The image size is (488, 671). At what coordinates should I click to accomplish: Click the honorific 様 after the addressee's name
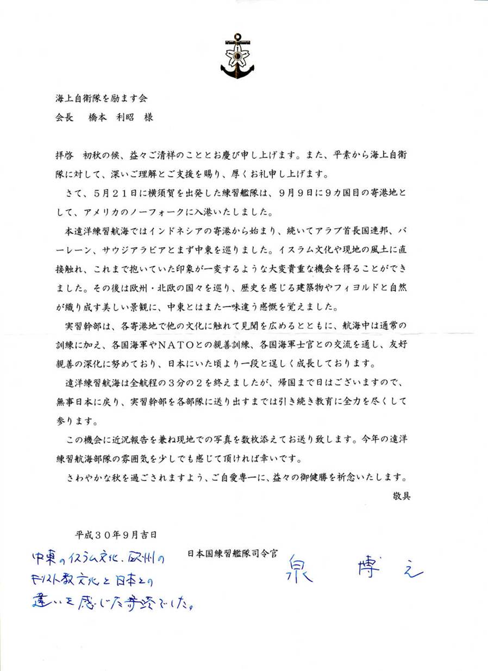click(x=148, y=117)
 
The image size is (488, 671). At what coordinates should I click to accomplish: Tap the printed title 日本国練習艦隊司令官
click(x=234, y=554)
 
